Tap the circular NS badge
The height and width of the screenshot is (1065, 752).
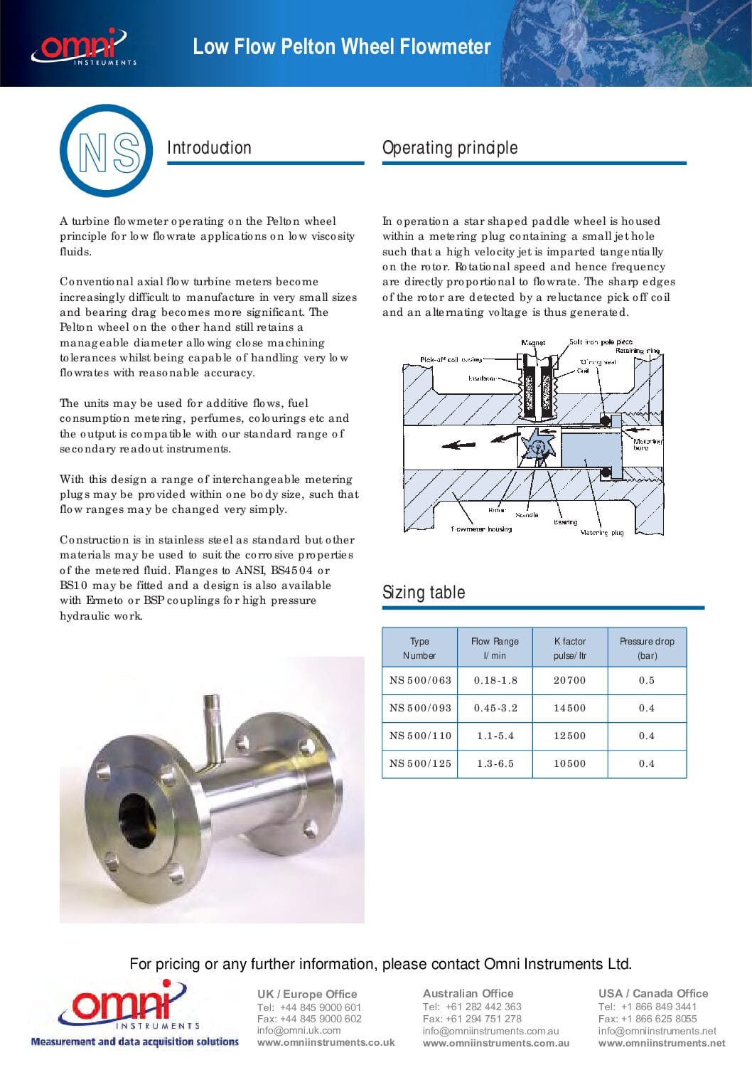107,151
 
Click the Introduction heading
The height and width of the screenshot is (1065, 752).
209,148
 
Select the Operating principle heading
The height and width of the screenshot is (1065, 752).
449,148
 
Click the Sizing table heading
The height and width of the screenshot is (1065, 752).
424,593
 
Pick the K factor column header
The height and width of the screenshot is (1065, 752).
570,648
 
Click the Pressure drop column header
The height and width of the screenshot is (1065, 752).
647,648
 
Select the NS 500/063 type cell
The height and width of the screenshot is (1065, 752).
420,680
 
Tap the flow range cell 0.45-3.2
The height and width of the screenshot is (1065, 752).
495,708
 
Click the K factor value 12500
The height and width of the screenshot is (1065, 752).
570,736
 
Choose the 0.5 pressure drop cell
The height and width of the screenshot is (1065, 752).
647,680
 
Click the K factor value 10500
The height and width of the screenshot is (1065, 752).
570,763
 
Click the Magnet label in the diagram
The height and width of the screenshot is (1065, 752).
533,343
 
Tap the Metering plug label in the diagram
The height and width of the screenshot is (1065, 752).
601,532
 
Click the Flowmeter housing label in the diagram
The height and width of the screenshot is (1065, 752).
481,529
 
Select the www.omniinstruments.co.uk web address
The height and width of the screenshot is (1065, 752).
326,1042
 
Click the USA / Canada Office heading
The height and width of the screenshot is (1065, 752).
652,993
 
